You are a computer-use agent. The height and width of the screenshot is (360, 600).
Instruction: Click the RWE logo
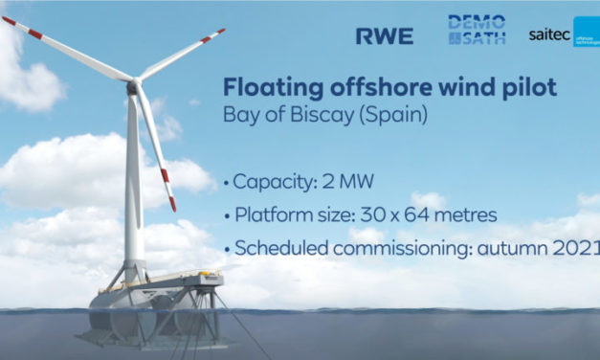pos(384,36)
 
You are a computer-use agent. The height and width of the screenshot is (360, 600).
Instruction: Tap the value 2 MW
pos(338,181)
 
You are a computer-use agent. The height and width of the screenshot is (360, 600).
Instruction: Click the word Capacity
pos(270,181)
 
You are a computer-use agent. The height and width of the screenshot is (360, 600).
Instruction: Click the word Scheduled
pos(275,249)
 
